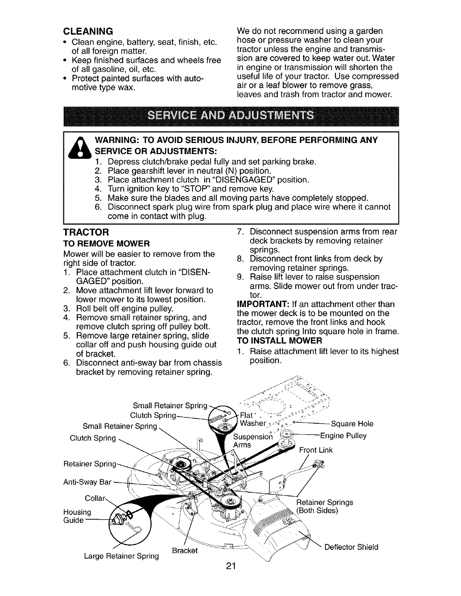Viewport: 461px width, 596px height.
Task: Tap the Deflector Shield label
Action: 351,547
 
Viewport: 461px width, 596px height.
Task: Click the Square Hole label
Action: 352,424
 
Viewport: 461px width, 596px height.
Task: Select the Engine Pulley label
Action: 343,436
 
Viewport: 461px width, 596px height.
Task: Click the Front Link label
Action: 316,450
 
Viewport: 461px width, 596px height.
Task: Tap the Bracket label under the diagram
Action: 185,550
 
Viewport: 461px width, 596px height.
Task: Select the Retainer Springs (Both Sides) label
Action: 324,506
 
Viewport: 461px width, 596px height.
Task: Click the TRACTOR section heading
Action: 86,231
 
